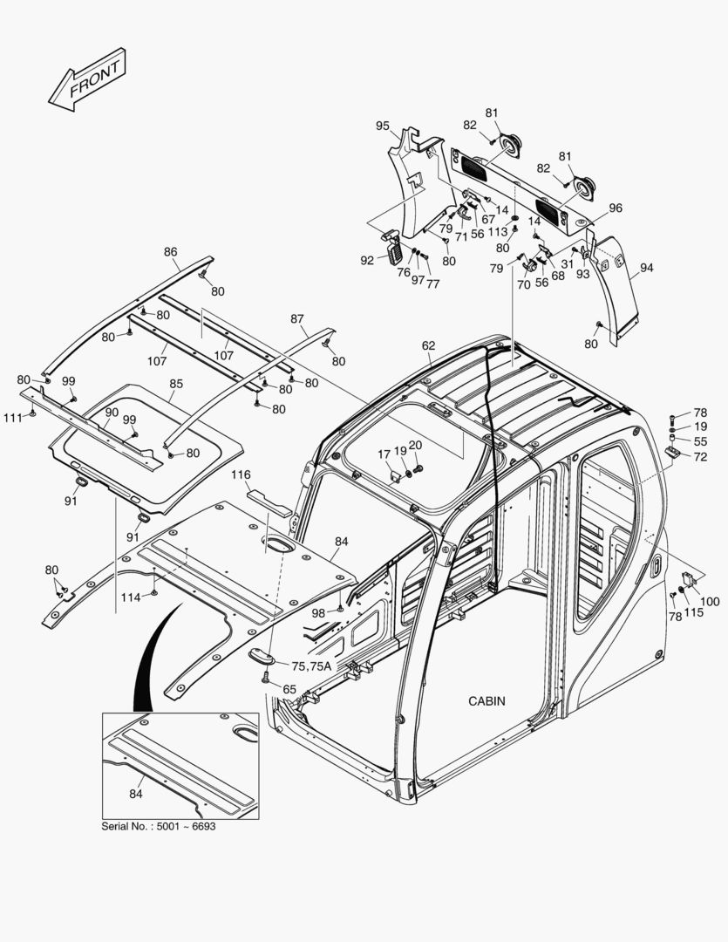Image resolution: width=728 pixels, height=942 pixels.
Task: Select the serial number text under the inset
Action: (159, 826)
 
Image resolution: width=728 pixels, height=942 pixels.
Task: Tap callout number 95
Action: (383, 126)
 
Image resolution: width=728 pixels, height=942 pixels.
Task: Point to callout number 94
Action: (646, 269)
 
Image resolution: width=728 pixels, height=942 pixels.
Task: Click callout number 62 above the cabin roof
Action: (428, 345)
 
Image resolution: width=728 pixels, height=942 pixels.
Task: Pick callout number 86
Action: (171, 252)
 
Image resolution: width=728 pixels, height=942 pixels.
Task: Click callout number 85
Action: (176, 383)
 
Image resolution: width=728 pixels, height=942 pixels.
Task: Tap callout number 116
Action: (241, 474)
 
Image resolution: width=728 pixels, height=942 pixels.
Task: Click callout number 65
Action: (289, 689)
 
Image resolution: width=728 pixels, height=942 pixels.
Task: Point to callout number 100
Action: (711, 602)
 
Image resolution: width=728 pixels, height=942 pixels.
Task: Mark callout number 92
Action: (367, 260)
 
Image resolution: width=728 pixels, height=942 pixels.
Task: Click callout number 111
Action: (11, 419)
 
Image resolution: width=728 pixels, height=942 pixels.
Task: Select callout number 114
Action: (130, 597)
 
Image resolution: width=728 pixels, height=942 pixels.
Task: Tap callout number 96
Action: (616, 208)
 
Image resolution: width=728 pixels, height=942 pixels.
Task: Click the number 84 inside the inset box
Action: (136, 794)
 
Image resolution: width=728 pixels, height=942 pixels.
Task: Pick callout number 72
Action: (701, 457)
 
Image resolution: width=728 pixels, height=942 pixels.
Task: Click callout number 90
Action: (112, 412)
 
